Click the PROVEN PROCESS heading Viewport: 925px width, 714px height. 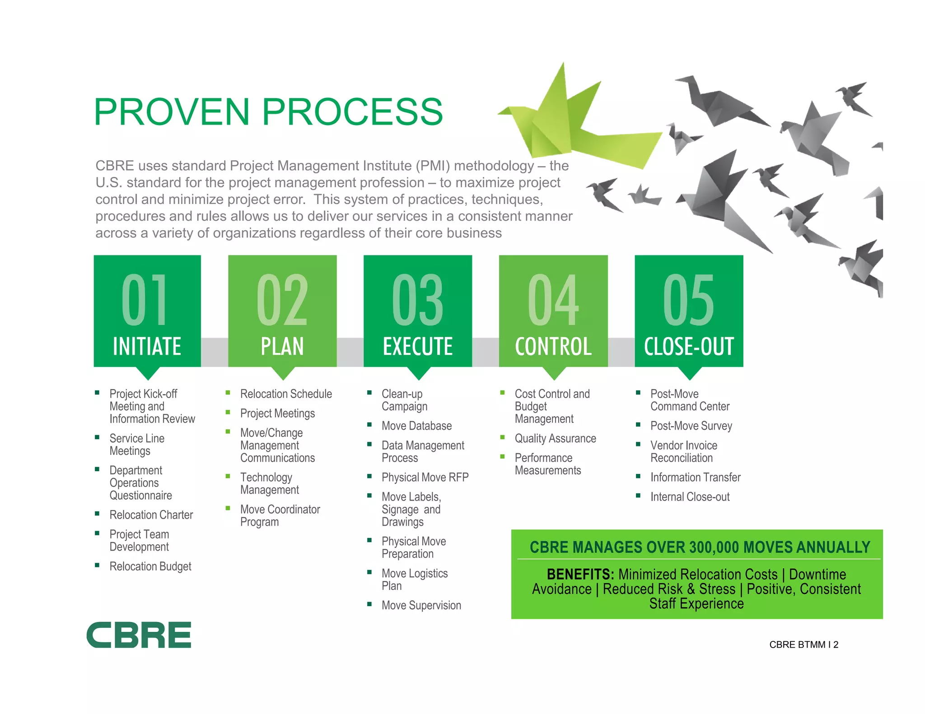tap(268, 112)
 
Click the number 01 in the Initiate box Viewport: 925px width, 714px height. tap(145, 300)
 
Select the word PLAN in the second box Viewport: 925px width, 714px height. tap(282, 347)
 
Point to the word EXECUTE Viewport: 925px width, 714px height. tap(418, 347)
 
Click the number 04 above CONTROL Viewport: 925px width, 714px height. tap(553, 300)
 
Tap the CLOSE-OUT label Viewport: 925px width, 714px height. tap(689, 347)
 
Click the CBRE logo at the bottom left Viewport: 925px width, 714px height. tap(139, 635)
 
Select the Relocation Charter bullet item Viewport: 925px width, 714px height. tap(151, 515)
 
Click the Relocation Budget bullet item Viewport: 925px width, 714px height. tap(150, 566)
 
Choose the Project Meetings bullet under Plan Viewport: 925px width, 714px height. tap(277, 413)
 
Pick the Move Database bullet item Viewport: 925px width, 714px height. tap(416, 426)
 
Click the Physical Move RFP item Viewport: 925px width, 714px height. tap(425, 478)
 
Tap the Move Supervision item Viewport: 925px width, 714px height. tap(421, 606)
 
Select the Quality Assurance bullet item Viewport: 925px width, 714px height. tap(555, 439)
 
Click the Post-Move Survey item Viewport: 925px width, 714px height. tap(691, 426)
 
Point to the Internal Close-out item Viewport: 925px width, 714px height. tap(690, 497)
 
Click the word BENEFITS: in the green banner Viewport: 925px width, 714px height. tap(580, 575)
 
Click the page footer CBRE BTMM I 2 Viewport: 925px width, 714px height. tap(804, 645)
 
